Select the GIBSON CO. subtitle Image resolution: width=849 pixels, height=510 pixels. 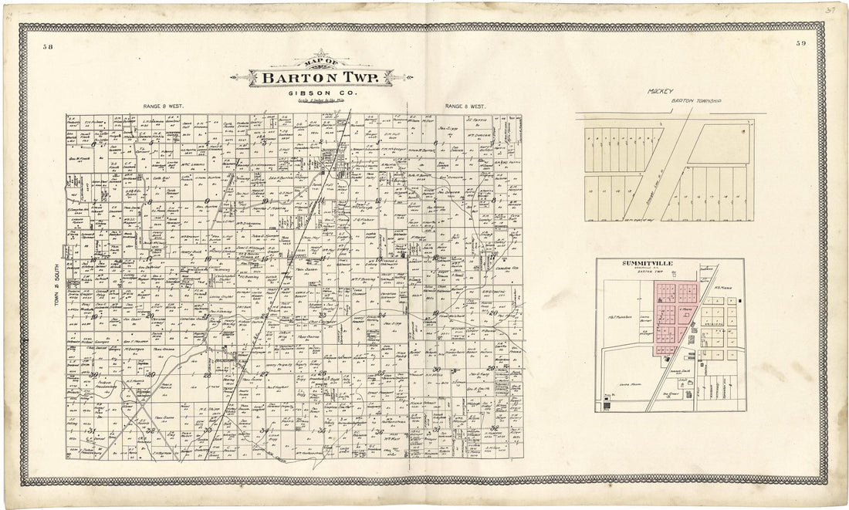(320, 93)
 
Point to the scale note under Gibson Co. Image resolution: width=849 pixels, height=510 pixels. (320, 100)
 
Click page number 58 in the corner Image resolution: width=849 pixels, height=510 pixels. (49, 47)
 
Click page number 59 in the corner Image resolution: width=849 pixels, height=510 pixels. (800, 44)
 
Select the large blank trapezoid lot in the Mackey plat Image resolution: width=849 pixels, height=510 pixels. (720, 145)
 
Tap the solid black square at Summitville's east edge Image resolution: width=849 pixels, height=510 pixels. (739, 299)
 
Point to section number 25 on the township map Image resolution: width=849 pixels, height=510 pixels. (381, 373)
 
